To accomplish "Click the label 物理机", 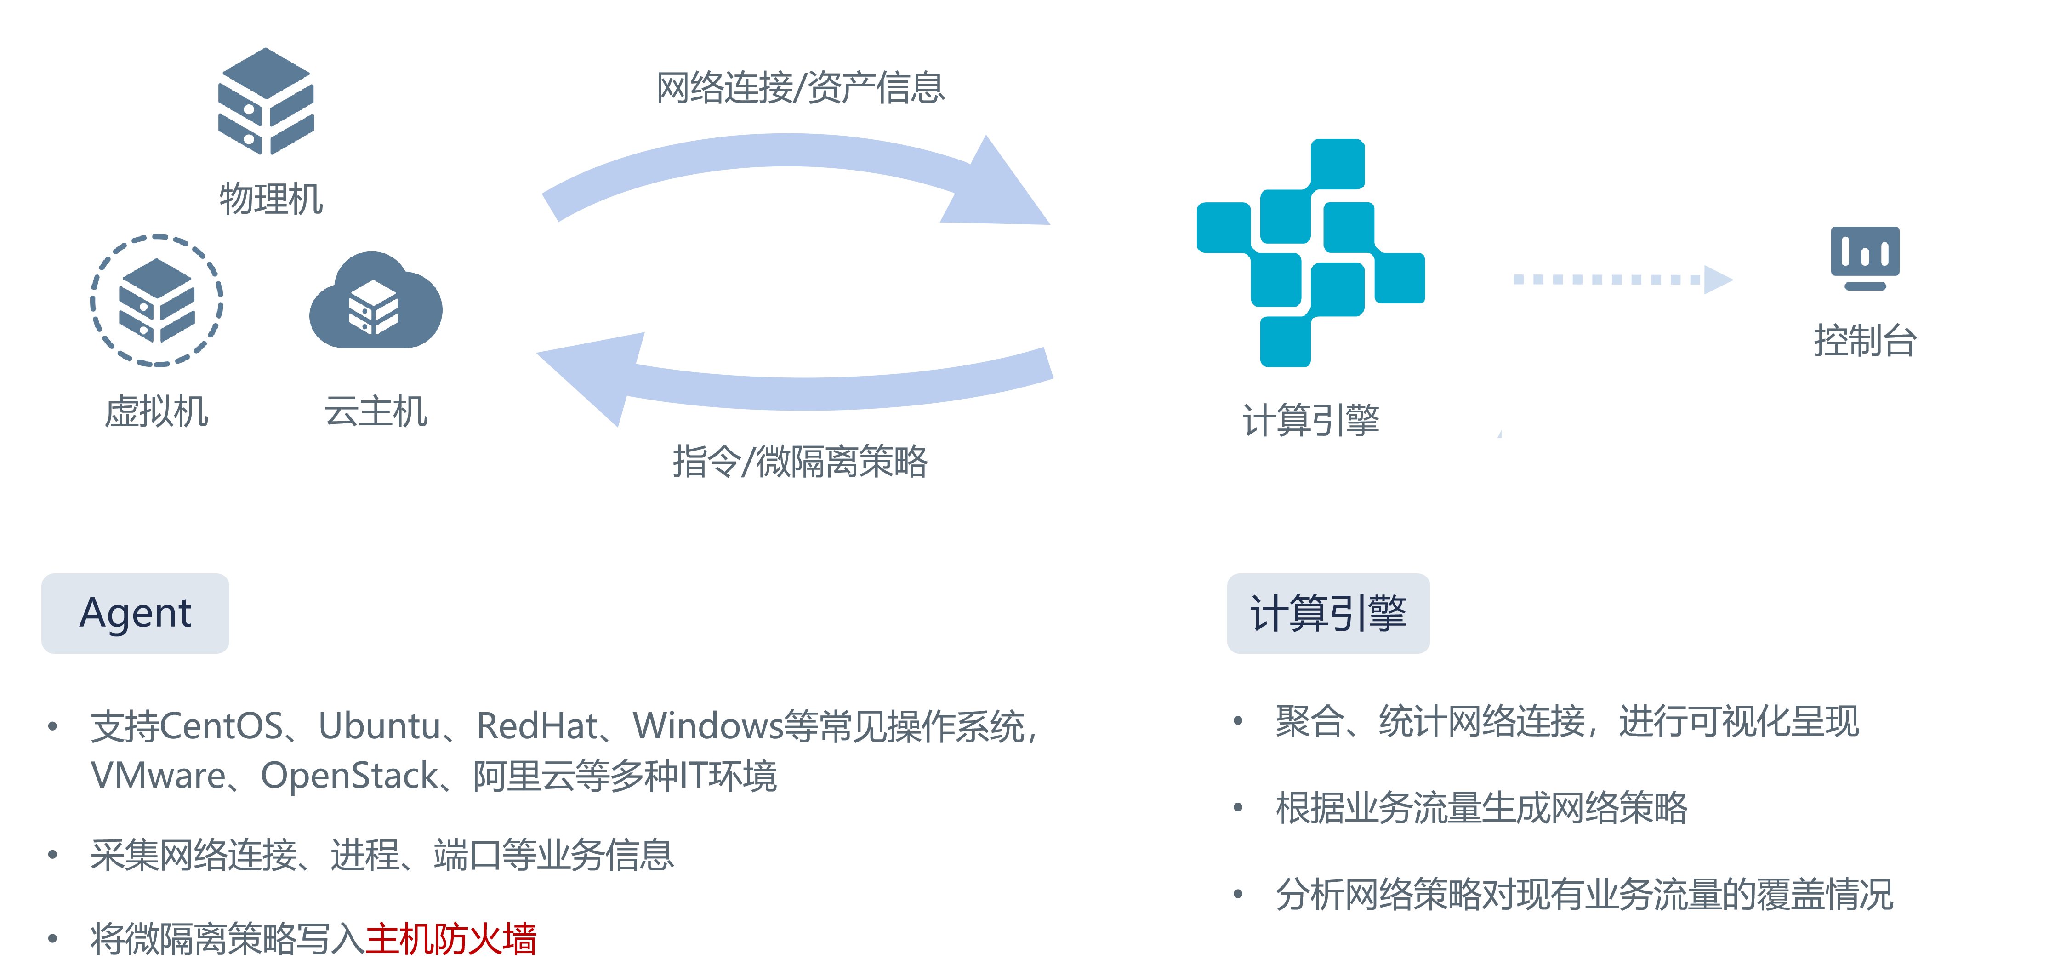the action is (271, 199).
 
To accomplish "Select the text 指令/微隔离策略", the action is (800, 461).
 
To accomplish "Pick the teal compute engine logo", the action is (1311, 253).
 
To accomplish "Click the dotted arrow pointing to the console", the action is (1623, 280).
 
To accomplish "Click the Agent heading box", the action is (136, 613).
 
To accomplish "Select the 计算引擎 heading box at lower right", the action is (1328, 613).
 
